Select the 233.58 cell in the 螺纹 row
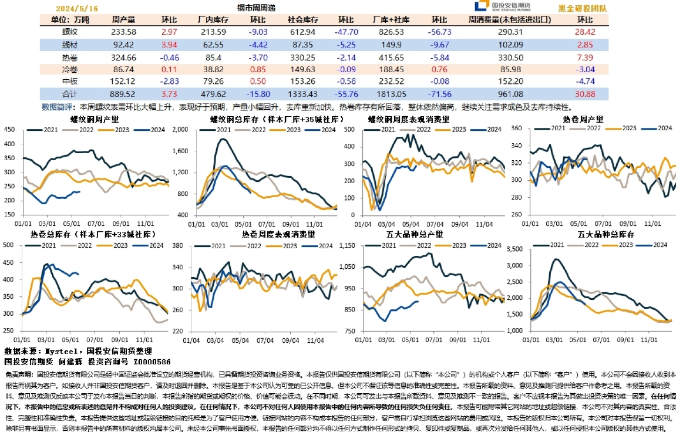tap(123, 32)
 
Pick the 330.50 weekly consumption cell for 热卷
tap(510, 58)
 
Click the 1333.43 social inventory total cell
tap(302, 94)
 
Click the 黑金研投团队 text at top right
tap(582, 9)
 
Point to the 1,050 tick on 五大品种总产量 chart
tap(348, 266)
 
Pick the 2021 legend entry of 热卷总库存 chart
tap(53, 245)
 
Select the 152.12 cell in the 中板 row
tap(123, 82)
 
